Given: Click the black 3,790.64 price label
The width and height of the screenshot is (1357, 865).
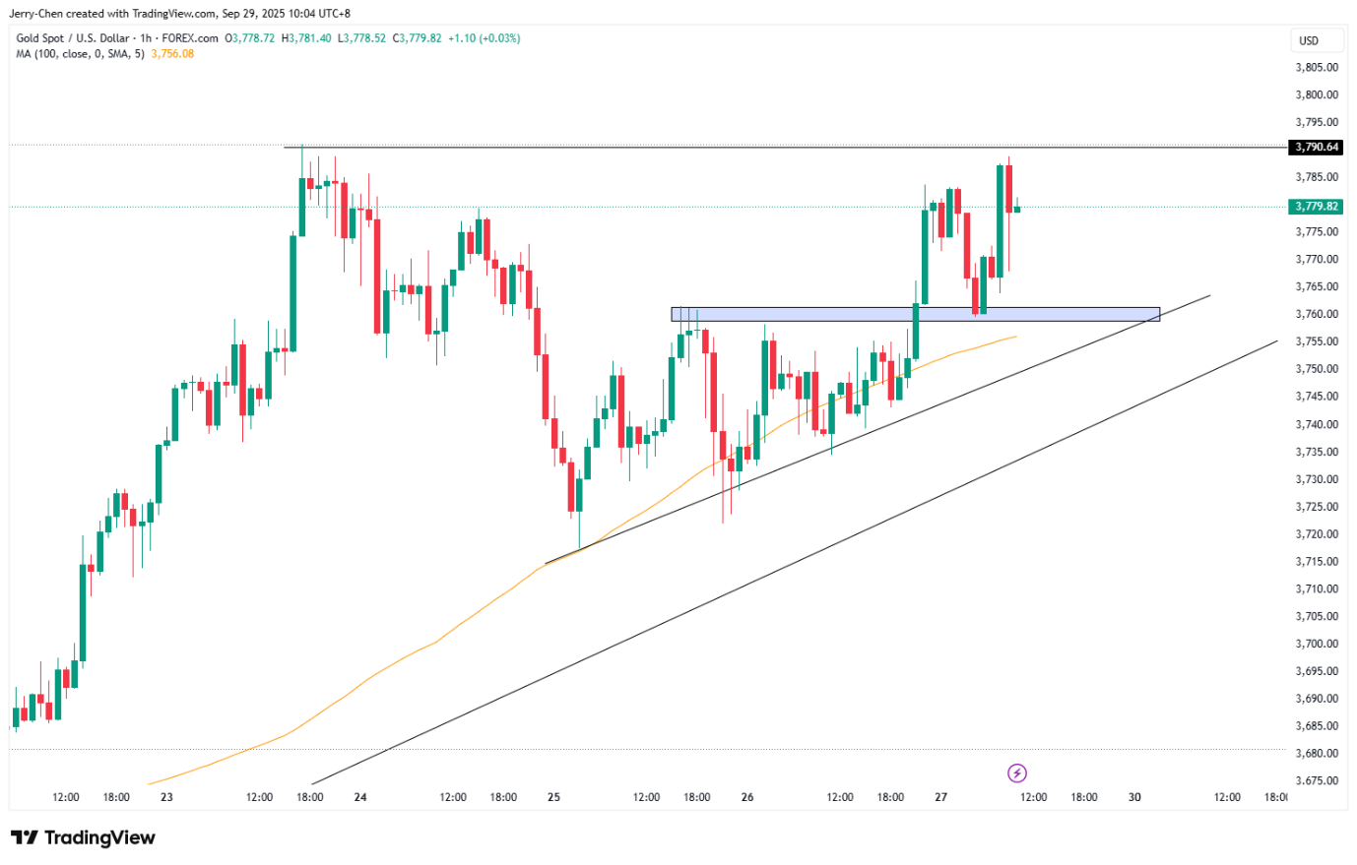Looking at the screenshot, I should pos(1316,147).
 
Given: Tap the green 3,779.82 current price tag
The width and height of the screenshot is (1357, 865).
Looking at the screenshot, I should pos(1316,207).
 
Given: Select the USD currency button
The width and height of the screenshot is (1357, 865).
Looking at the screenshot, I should pos(1309,40).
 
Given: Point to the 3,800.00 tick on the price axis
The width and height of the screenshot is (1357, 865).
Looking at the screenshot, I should pos(1317,95).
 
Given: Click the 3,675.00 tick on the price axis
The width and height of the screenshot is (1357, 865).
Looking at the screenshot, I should pos(1317,780).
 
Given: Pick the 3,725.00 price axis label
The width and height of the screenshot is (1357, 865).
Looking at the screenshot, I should pos(1317,507).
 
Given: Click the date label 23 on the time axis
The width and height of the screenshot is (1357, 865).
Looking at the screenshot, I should pos(166,797).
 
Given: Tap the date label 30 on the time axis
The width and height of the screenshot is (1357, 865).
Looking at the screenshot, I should pos(1134,797).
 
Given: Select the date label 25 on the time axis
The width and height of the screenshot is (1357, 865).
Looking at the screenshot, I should pos(553,797).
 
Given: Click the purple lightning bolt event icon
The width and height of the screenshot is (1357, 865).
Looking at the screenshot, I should pos(1017,773).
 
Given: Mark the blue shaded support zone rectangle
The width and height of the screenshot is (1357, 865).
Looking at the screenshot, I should pos(915,314).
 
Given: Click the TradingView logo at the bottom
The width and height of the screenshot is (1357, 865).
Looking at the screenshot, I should pos(84,837).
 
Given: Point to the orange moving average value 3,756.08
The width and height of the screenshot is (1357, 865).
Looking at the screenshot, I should pos(172,54).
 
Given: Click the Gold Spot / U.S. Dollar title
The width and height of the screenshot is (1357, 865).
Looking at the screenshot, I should pos(72,38).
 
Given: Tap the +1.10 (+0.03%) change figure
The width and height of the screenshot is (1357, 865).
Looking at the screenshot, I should pos(485,38).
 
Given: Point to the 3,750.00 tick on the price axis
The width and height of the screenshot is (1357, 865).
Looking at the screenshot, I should pos(1317,369).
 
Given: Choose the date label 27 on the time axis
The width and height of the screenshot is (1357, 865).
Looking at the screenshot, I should pos(940,797).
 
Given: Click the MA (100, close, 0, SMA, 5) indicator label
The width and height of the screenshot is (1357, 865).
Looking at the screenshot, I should pos(80,54).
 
